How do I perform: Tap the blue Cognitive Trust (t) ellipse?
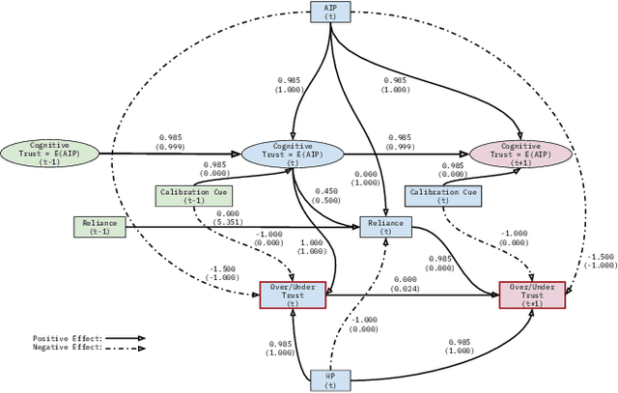click(292, 153)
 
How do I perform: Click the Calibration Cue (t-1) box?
click(194, 195)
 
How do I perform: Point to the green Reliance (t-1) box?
click(99, 226)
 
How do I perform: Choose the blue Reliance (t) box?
click(385, 227)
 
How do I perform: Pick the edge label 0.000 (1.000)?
click(365, 178)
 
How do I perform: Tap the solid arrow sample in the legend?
click(126, 339)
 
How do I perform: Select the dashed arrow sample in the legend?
click(126, 348)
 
